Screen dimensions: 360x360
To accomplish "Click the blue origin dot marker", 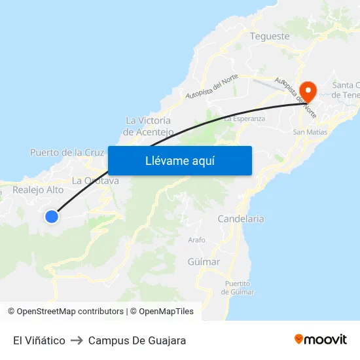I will [x=52, y=216].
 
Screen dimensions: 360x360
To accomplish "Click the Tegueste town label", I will [x=270, y=37].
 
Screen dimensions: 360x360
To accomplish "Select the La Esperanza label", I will [x=245, y=119].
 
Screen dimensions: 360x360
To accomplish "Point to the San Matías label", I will [x=310, y=132].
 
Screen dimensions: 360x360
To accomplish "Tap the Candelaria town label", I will [x=241, y=219].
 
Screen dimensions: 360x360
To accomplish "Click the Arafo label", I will [x=196, y=240].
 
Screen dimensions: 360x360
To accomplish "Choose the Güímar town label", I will [x=204, y=262].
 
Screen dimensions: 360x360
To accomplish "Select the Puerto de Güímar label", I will [x=238, y=287].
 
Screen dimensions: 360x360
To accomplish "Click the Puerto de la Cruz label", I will [x=67, y=153].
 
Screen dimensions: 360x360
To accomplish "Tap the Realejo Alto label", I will [x=38, y=190].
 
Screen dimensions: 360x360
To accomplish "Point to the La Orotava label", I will [x=96, y=181].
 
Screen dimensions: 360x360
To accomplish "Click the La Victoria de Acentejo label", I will [x=149, y=126].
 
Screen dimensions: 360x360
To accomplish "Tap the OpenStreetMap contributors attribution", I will [x=70, y=312].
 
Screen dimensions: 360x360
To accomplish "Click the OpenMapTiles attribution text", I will [x=166, y=312].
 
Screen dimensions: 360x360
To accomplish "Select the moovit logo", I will [x=320, y=339].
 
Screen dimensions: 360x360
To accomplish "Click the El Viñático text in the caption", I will [x=39, y=340].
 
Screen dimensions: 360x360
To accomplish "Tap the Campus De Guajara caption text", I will [x=137, y=340].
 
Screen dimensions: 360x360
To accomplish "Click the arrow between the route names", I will [x=77, y=340].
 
